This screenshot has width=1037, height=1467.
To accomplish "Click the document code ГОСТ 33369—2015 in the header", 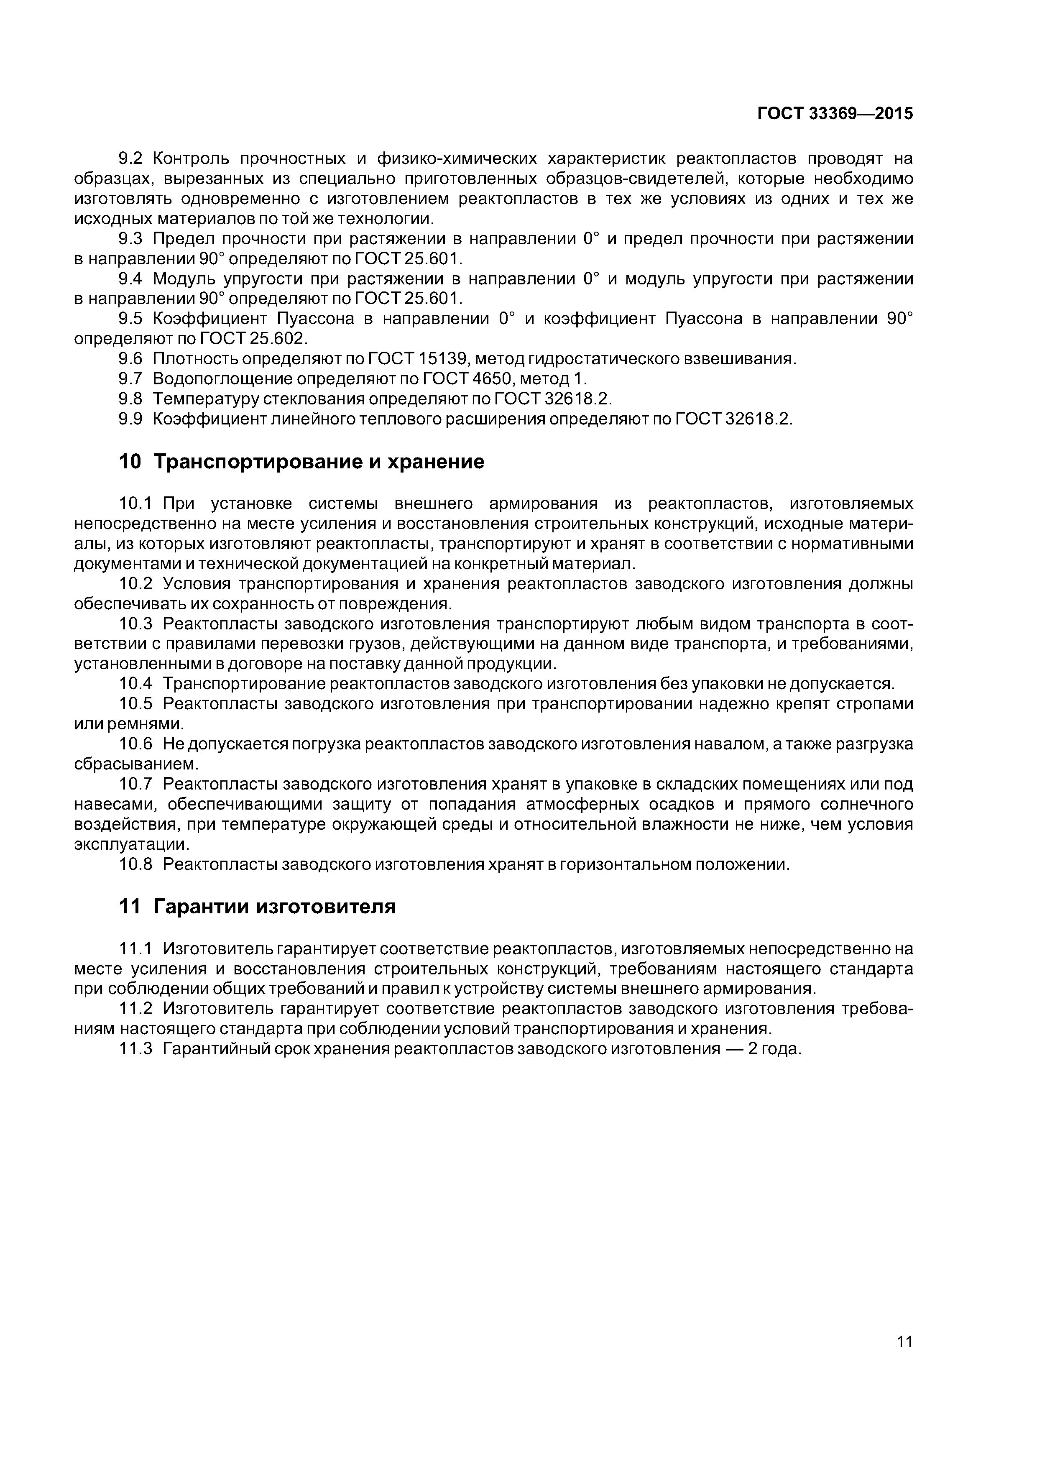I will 835,114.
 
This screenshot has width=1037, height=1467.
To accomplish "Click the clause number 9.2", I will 133,158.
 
